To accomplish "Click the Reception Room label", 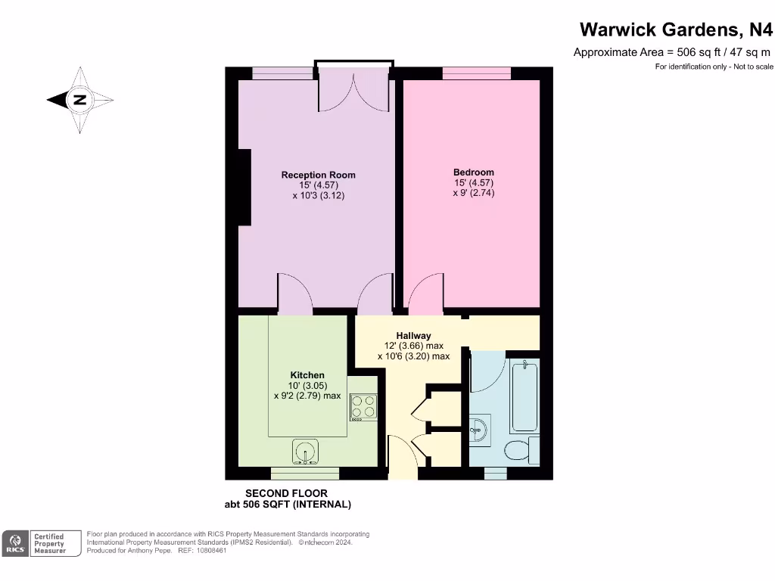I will [x=318, y=175].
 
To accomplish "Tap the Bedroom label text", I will [x=474, y=172].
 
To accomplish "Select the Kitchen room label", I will [x=307, y=375].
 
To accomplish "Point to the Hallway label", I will [x=413, y=336].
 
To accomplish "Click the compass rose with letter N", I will [x=79, y=100].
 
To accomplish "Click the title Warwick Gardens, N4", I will [x=676, y=30].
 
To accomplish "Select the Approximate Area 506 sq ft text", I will [x=671, y=52].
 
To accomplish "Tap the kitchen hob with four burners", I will [x=363, y=407].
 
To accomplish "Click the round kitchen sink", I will [x=306, y=452].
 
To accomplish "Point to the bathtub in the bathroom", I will [x=524, y=397].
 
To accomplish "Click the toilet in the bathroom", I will [x=521, y=451].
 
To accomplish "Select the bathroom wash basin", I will [x=480, y=430].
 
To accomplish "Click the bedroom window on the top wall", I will [x=477, y=73].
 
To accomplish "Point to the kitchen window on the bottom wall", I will [x=305, y=474].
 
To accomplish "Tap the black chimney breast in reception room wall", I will [x=244, y=187].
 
